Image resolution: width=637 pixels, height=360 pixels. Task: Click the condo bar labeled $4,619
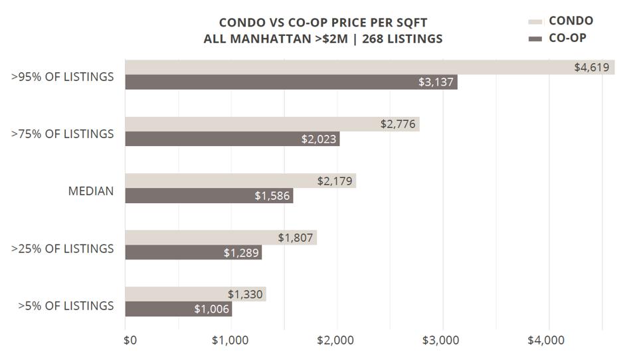[369, 67]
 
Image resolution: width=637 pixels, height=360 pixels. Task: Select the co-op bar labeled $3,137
[291, 82]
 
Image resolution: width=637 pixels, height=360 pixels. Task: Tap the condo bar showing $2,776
[272, 124]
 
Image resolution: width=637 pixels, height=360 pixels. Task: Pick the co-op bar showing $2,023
[232, 139]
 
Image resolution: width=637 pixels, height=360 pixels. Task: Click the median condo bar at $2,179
[240, 181]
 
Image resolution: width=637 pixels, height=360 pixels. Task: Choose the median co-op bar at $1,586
[209, 196]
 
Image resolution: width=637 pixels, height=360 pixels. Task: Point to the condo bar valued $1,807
[221, 238]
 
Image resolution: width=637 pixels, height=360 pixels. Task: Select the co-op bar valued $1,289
[193, 252]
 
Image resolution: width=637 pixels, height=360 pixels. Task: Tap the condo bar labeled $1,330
[195, 294]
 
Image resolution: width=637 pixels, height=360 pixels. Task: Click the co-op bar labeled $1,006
[178, 309]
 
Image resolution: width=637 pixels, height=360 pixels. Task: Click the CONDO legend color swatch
[535, 22]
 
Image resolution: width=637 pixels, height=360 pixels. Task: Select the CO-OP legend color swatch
[535, 39]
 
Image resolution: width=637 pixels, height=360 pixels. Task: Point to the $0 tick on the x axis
[131, 341]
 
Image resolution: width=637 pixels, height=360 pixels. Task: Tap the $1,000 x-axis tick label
[230, 341]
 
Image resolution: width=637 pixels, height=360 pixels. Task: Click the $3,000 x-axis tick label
[441, 341]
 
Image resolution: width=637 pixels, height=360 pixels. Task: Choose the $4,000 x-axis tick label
[547, 341]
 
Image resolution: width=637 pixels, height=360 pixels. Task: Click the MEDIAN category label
[91, 191]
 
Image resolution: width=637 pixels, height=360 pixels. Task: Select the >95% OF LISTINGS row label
[62, 77]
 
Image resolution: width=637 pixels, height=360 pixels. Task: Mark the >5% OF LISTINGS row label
[66, 306]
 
